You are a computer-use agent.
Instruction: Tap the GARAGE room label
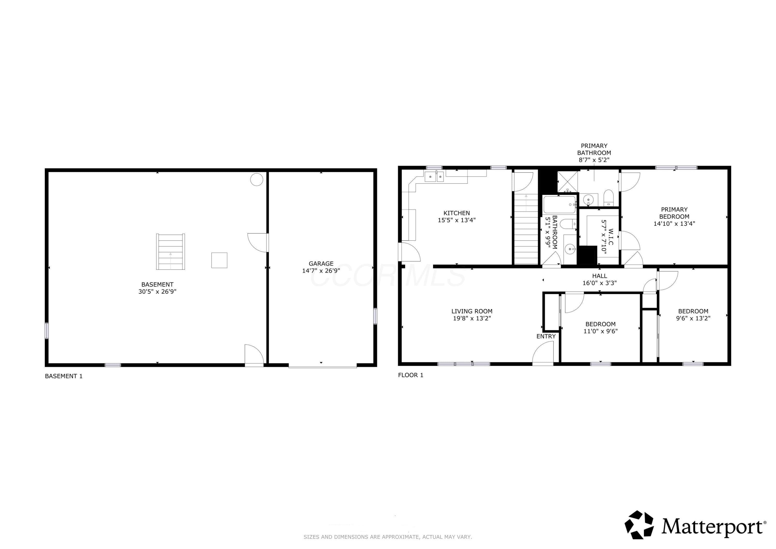point(321,263)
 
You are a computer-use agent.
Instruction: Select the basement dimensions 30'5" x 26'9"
point(157,291)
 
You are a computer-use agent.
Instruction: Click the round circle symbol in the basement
point(257,179)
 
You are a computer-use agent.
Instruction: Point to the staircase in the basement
point(170,251)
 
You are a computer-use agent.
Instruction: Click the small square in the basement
point(219,260)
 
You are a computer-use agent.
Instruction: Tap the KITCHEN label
point(457,213)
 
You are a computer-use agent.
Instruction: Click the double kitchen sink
point(434,176)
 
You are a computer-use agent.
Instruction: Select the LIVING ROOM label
point(472,311)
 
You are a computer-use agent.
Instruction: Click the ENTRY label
point(546,336)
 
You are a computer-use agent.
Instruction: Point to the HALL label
point(600,276)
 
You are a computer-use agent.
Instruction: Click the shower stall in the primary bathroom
point(567,182)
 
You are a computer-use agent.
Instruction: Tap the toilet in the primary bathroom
point(608,198)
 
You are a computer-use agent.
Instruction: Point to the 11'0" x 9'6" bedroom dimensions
point(601,331)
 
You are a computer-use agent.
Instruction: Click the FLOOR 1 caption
point(411,375)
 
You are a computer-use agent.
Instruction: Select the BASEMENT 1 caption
point(64,376)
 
